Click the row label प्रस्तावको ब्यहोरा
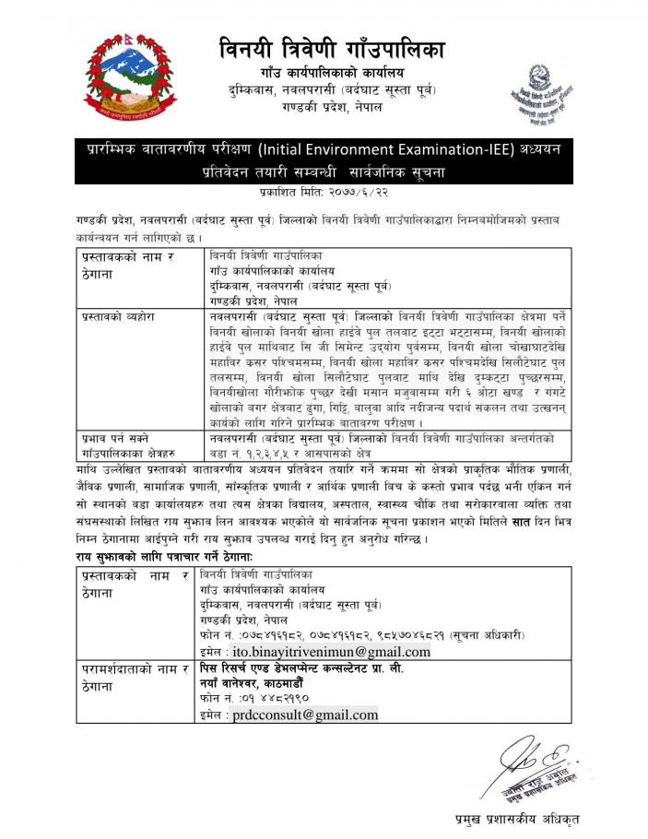click(x=116, y=316)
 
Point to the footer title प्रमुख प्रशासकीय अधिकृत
click(x=516, y=819)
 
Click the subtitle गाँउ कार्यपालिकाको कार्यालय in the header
click(x=332, y=72)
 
